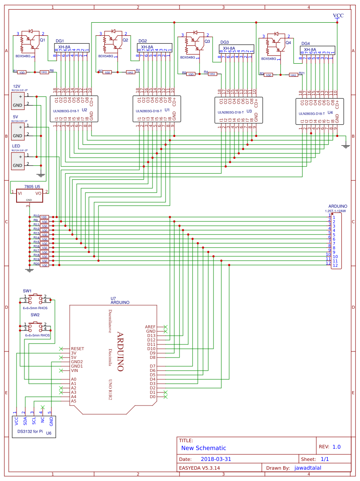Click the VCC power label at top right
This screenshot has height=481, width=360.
(x=338, y=15)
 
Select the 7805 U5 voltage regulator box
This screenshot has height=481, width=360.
(x=29, y=195)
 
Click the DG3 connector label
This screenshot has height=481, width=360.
(x=225, y=42)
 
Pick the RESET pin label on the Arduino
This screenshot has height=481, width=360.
(x=78, y=349)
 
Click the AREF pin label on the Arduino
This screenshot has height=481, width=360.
(x=150, y=327)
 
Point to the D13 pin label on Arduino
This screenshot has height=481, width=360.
(x=151, y=335)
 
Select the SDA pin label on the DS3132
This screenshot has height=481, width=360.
(x=25, y=421)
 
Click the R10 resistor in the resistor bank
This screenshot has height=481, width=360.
(x=44, y=217)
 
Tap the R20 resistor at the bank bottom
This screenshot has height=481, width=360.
(x=44, y=265)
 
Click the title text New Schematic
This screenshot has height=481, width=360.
(x=204, y=448)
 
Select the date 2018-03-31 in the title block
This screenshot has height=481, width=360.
(x=216, y=459)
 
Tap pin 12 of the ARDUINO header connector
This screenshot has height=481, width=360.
(x=335, y=265)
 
